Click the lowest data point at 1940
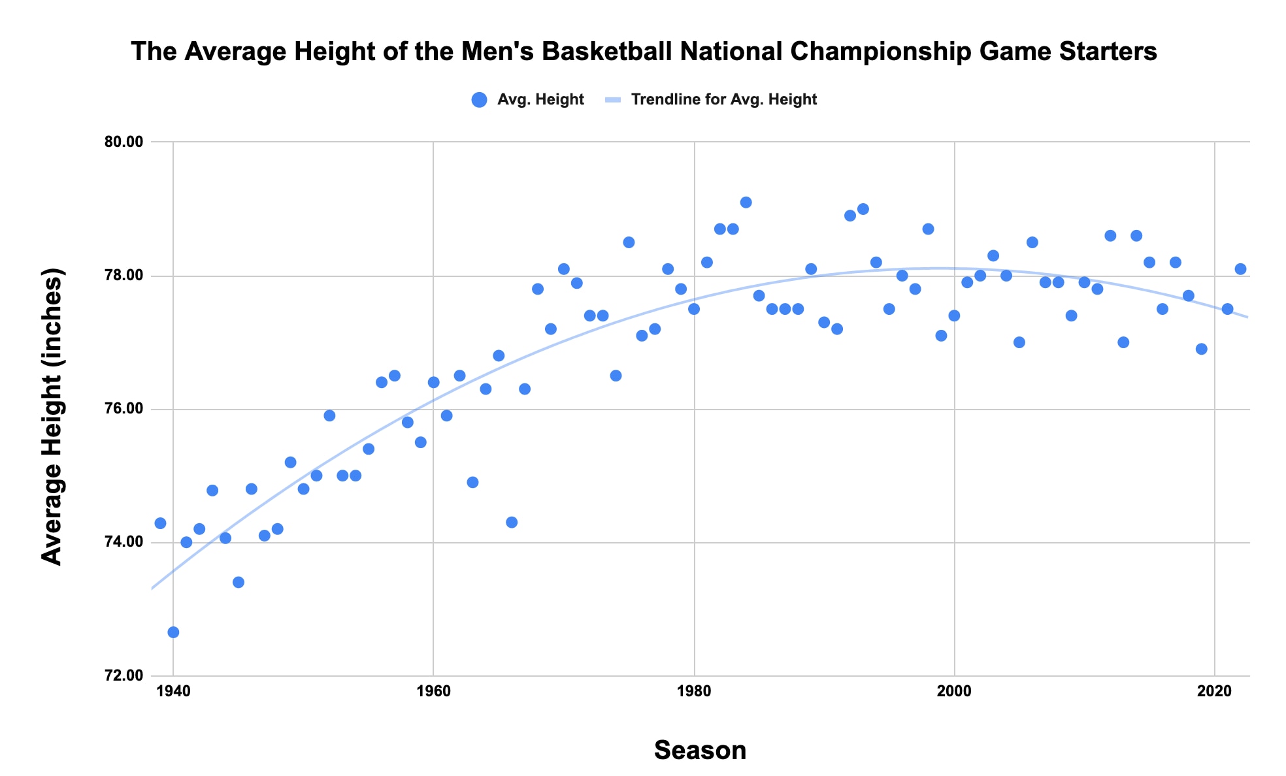click(173, 632)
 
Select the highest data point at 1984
click(746, 202)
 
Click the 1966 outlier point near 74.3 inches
click(512, 523)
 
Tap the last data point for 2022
click(1240, 269)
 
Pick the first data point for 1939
click(160, 523)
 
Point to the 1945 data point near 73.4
click(239, 583)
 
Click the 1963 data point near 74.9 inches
click(472, 483)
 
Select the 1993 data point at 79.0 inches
click(863, 209)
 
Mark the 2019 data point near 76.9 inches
click(1201, 349)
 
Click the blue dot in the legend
click(479, 100)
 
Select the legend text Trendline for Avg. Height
click(723, 99)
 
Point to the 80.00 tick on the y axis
click(124, 142)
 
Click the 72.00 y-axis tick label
click(124, 676)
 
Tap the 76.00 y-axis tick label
click(124, 410)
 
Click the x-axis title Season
click(700, 751)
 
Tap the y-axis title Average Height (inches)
click(52, 416)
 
